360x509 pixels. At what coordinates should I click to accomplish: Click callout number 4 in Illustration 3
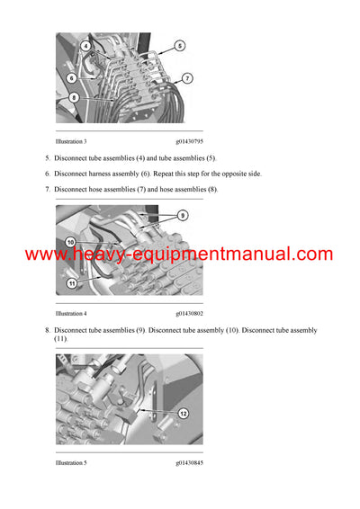(85, 45)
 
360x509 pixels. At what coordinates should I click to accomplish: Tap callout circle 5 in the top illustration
(179, 45)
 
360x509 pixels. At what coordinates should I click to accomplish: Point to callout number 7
(186, 78)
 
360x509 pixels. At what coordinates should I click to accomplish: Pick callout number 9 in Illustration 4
(182, 216)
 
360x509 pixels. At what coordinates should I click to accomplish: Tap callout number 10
(70, 242)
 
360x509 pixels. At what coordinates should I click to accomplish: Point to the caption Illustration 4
(71, 314)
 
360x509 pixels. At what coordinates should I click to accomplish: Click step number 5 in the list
(47, 158)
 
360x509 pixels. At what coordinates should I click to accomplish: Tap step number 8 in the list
(47, 330)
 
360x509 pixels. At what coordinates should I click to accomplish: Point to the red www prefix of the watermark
(46, 255)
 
